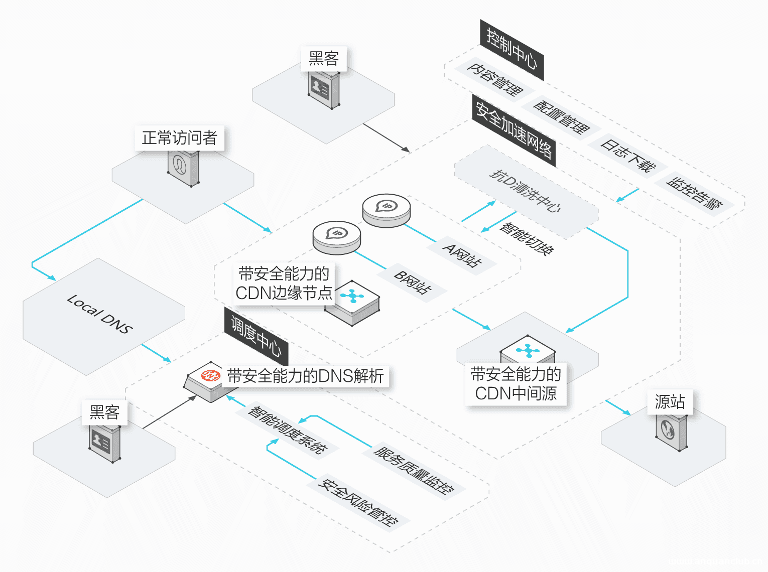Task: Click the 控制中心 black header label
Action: (x=511, y=50)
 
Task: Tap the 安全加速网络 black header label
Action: (x=514, y=130)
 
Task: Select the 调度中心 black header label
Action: (x=256, y=337)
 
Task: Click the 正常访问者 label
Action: (x=179, y=138)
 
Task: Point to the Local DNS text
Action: (x=100, y=314)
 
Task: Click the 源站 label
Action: (x=670, y=402)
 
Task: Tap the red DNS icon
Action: (x=210, y=375)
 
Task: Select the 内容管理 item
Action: (x=495, y=80)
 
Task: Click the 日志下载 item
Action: (x=628, y=156)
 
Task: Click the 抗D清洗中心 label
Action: (x=525, y=191)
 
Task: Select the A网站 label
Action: (x=462, y=255)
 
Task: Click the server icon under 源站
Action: (x=671, y=432)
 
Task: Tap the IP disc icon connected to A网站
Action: (x=387, y=210)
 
